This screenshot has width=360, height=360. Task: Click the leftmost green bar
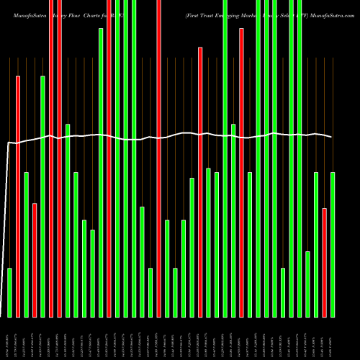[10, 292]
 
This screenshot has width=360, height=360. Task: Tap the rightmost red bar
[325, 262]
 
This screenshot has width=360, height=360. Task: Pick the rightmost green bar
[333, 245]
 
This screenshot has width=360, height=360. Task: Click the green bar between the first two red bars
[27, 245]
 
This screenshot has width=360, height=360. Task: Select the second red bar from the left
[35, 260]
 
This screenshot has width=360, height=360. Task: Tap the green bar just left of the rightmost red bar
[316, 245]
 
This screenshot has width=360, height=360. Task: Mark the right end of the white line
[332, 137]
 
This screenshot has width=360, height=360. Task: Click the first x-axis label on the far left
[10, 338]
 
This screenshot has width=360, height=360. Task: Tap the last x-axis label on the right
[333, 338]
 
